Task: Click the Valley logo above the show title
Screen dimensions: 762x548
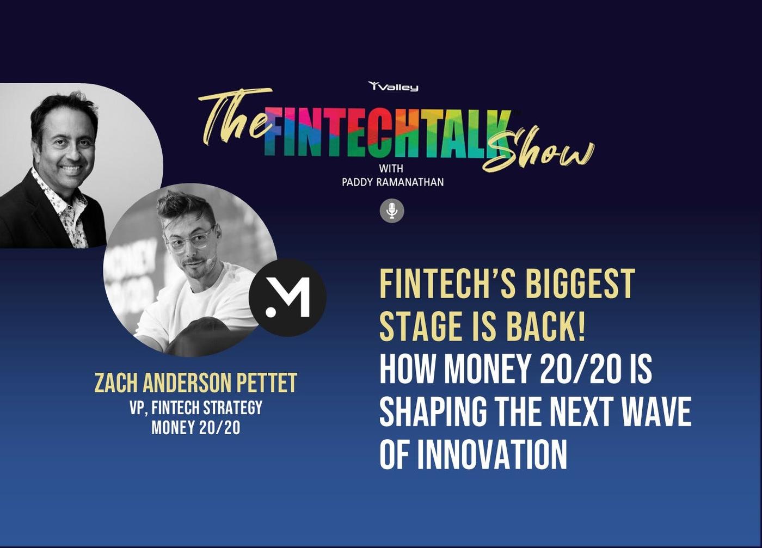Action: [x=393, y=87]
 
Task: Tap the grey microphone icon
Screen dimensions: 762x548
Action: [x=392, y=211]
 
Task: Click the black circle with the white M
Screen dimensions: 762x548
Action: [x=287, y=298]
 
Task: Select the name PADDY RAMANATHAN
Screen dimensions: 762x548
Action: [x=393, y=182]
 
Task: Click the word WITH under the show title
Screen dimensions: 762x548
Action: [x=391, y=169]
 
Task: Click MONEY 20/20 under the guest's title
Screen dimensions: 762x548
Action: [x=195, y=428]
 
